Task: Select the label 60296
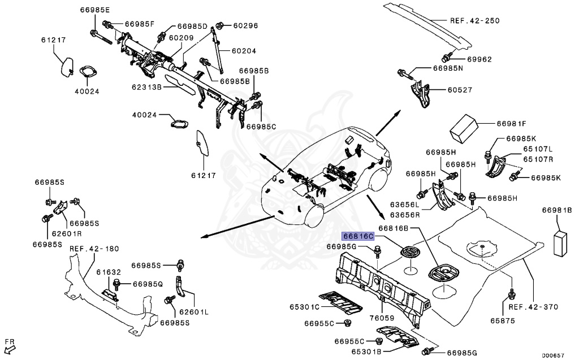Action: [245, 25]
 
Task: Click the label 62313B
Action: [147, 88]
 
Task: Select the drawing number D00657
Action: [553, 355]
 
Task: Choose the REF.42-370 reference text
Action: [533, 307]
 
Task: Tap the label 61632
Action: [106, 272]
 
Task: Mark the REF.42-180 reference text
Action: [94, 249]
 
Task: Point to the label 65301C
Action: [305, 307]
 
